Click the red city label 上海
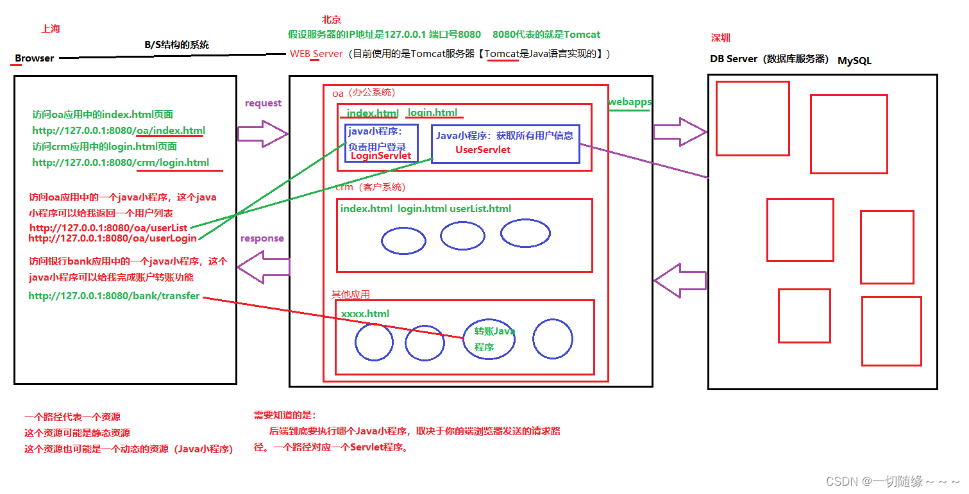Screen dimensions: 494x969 (x=51, y=29)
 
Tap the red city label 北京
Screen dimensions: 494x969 (x=332, y=20)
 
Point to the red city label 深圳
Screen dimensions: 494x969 (x=720, y=38)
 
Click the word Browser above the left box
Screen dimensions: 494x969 (x=35, y=58)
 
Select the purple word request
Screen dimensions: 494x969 (x=263, y=103)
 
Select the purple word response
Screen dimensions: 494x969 (x=262, y=238)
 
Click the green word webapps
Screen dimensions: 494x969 (x=629, y=102)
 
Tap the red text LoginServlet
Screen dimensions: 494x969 (x=381, y=156)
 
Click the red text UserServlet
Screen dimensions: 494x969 (x=483, y=149)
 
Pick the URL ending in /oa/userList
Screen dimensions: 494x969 (x=108, y=227)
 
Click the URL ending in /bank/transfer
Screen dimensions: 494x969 (x=114, y=296)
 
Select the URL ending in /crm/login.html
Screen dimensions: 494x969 (x=121, y=162)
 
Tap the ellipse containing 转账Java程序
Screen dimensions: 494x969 (x=489, y=338)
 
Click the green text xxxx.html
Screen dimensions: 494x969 (x=365, y=314)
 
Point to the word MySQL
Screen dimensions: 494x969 (x=854, y=61)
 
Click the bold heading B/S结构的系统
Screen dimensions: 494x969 (x=177, y=45)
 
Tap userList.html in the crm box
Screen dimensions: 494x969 (x=480, y=209)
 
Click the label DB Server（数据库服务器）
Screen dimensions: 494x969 (x=769, y=59)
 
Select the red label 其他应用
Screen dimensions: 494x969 (x=350, y=294)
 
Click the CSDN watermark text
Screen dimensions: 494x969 (x=892, y=481)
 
